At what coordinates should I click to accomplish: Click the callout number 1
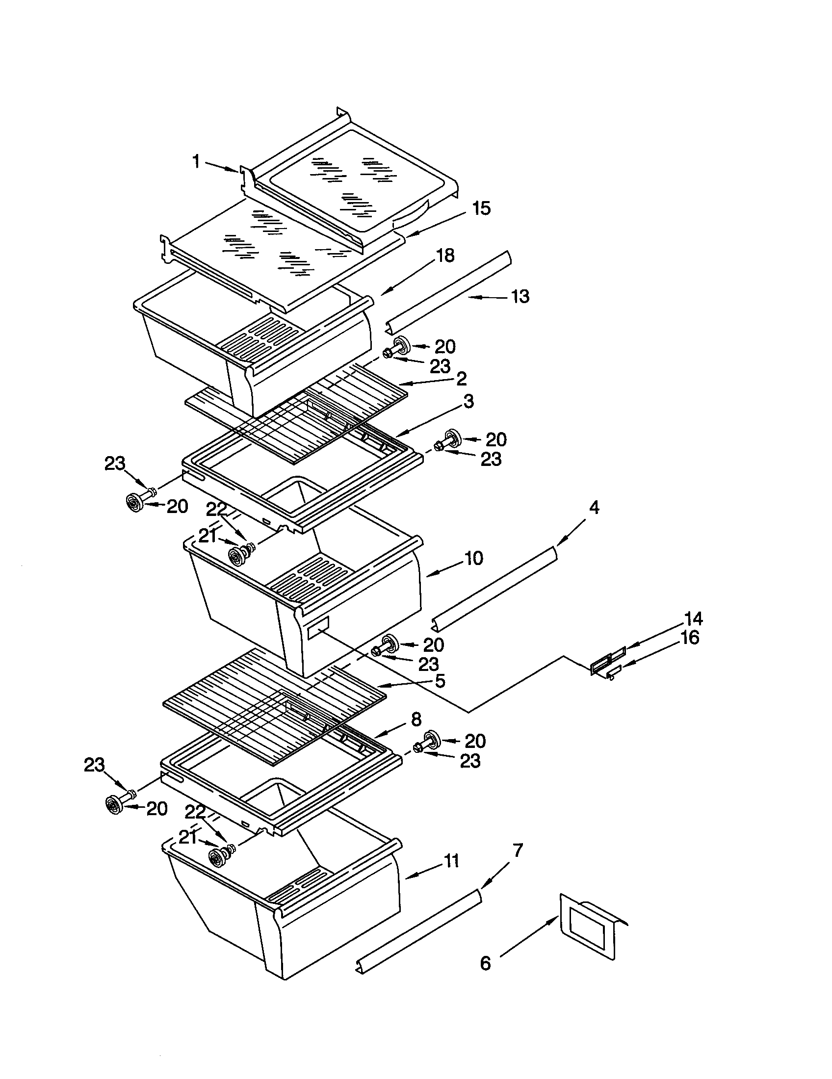196,161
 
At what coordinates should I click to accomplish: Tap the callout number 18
445,256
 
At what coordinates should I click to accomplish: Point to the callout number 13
519,296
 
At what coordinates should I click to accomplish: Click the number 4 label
594,507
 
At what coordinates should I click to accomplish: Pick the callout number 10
473,558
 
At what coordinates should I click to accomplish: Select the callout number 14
694,618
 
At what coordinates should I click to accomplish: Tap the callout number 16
690,638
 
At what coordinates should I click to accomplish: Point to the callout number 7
517,850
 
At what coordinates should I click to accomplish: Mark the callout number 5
440,681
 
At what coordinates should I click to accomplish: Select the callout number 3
468,401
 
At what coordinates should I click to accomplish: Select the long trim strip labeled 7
418,929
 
